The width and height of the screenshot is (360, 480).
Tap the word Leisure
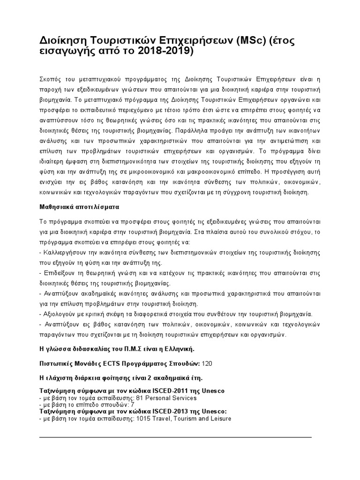click(221, 418)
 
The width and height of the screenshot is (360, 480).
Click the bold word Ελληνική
click(175, 350)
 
